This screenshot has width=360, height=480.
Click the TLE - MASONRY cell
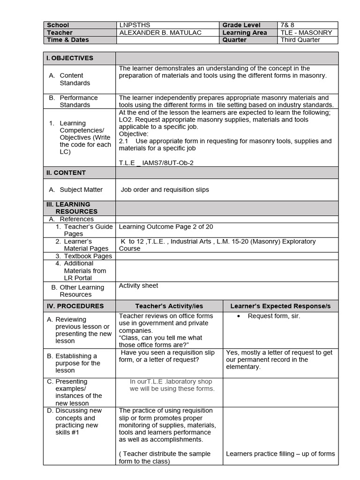[306, 33]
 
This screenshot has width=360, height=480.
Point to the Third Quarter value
[300, 40]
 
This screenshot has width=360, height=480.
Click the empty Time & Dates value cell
[167, 40]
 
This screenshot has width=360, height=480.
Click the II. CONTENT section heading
[66, 172]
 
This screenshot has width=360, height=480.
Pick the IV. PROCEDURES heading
[75, 306]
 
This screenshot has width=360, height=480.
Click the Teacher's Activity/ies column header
[169, 306]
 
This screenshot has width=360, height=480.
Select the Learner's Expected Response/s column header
[280, 306]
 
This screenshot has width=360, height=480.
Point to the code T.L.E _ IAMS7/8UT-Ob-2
[156, 163]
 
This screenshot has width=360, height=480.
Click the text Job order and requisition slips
[165, 190]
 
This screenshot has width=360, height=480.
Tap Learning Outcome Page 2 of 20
[166, 227]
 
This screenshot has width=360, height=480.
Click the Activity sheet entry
[138, 285]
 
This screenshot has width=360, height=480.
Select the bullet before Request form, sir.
[239, 316]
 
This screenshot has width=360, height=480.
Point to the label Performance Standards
[78, 101]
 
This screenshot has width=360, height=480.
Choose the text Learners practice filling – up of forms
[280, 454]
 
